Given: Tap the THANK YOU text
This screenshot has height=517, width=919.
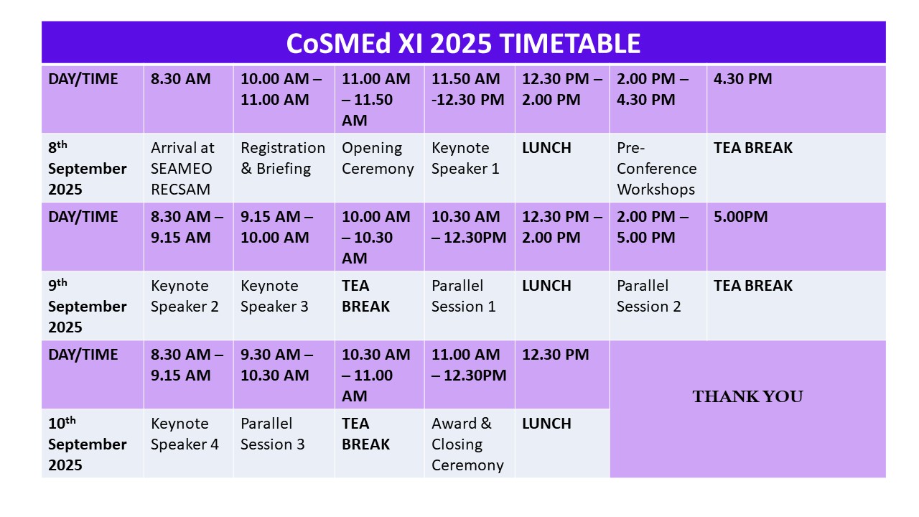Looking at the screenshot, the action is [747, 396].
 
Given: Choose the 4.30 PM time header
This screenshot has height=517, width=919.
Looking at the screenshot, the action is [742, 79].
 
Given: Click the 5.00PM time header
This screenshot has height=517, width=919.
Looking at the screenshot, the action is [740, 217].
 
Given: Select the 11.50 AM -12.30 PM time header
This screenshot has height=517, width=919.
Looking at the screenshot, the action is [467, 89].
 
